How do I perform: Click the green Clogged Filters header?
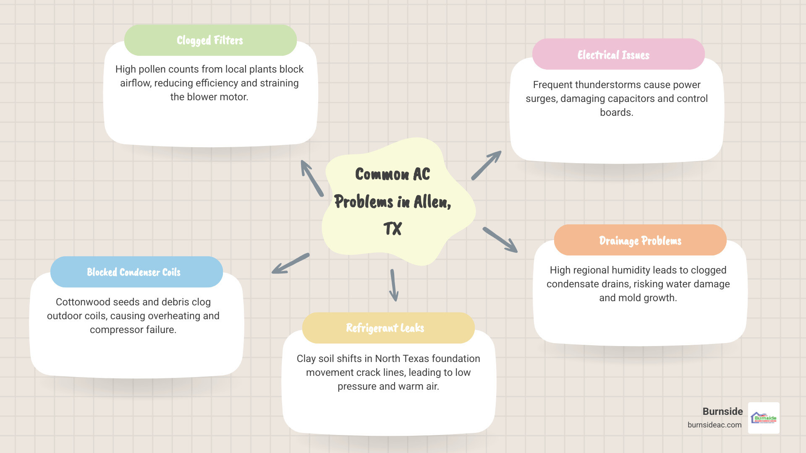coord(210,40)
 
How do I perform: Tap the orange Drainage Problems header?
coord(640,240)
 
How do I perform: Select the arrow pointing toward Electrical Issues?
coord(486,165)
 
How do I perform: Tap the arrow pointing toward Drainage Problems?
coord(500,240)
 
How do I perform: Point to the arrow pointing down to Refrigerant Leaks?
coord(394,285)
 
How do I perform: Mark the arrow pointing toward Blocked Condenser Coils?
coord(290,263)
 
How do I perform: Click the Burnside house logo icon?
coord(764,418)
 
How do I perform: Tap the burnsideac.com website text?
coord(714,425)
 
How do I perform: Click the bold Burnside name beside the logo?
coord(722,411)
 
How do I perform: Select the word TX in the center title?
coord(393,229)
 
